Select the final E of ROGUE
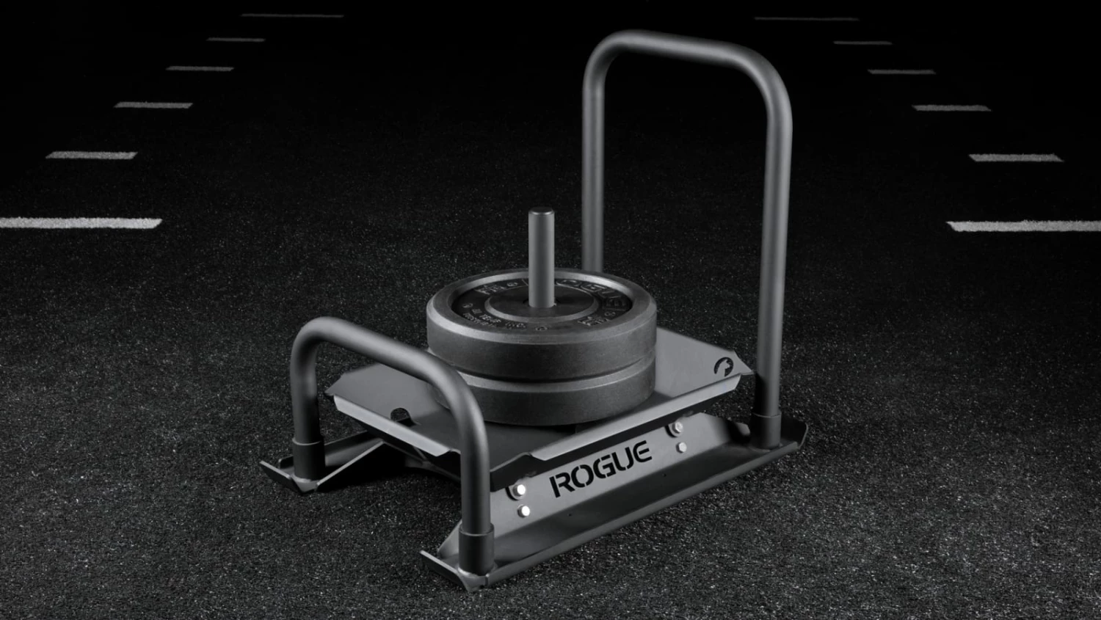click(x=643, y=451)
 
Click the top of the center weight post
click(x=542, y=214)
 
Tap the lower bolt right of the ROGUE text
click(x=683, y=447)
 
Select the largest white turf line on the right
click(x=1024, y=226)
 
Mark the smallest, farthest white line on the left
click(x=292, y=15)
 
